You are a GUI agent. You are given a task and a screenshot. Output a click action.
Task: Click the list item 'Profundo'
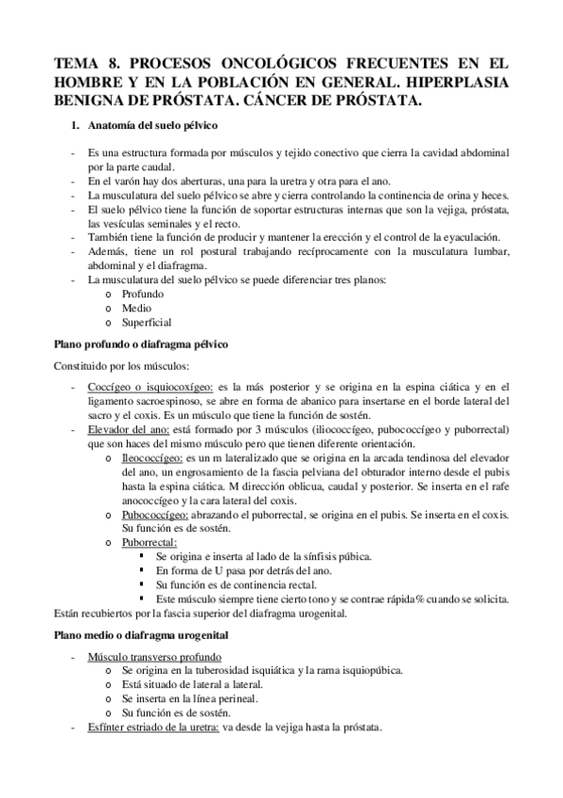142,293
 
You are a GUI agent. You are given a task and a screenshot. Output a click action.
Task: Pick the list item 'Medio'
136,307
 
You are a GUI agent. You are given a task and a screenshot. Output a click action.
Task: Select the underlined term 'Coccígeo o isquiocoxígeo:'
149,386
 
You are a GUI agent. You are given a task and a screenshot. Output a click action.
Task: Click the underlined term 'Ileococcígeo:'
151,456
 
